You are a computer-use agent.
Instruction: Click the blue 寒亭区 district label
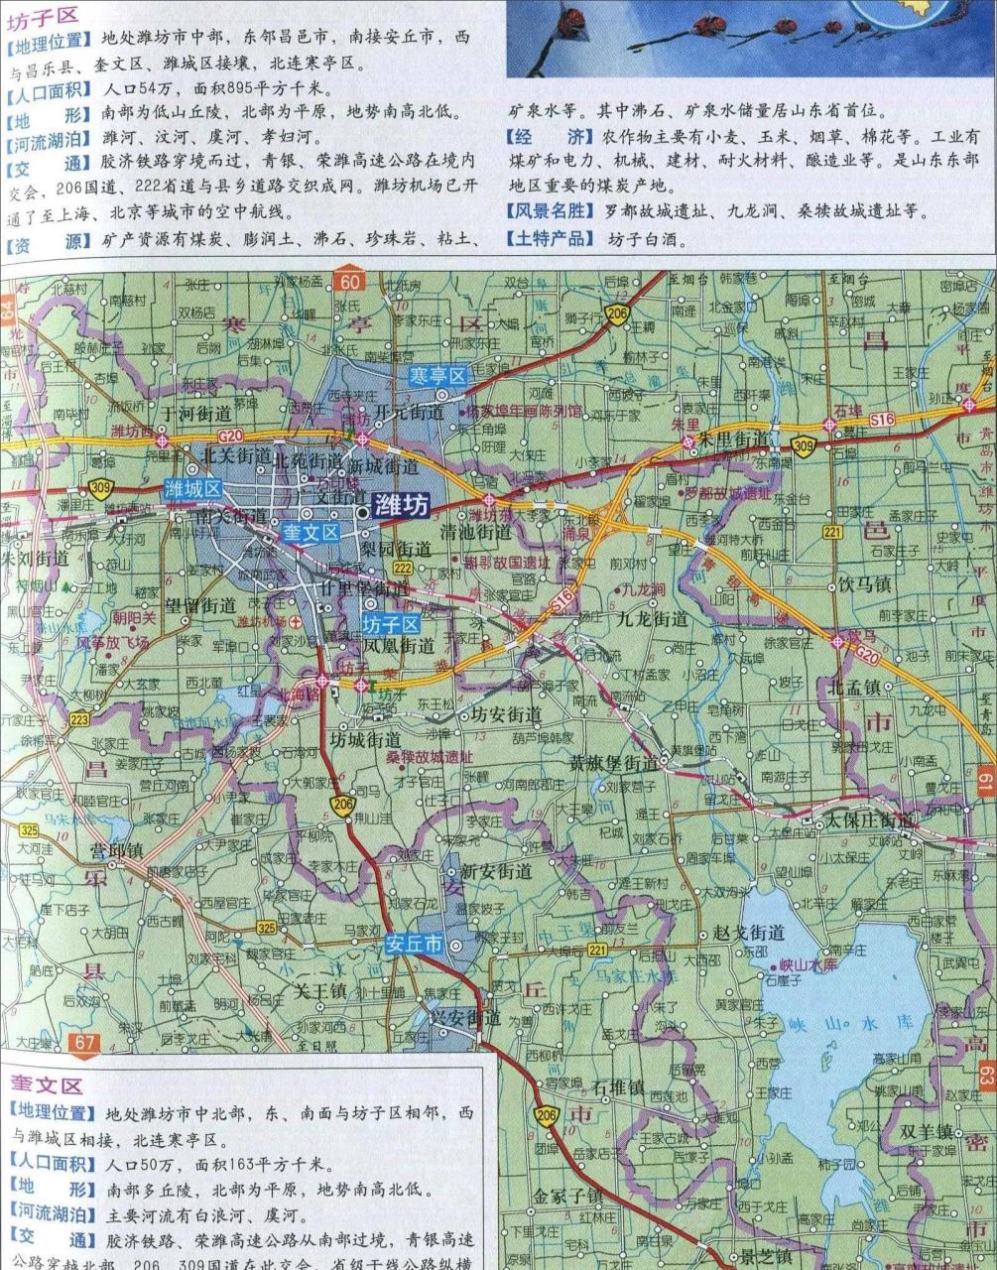point(438,375)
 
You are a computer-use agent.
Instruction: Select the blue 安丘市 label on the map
point(415,945)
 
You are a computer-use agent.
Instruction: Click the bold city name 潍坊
point(402,507)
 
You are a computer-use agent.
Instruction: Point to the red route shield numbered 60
point(349,281)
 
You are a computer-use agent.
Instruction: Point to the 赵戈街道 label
point(749,933)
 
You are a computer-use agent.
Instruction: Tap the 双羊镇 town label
point(927,1131)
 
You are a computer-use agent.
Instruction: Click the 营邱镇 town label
point(116,850)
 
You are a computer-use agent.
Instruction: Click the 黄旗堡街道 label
point(612,763)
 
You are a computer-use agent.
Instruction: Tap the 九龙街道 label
point(652,618)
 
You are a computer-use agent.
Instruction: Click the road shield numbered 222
point(402,567)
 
